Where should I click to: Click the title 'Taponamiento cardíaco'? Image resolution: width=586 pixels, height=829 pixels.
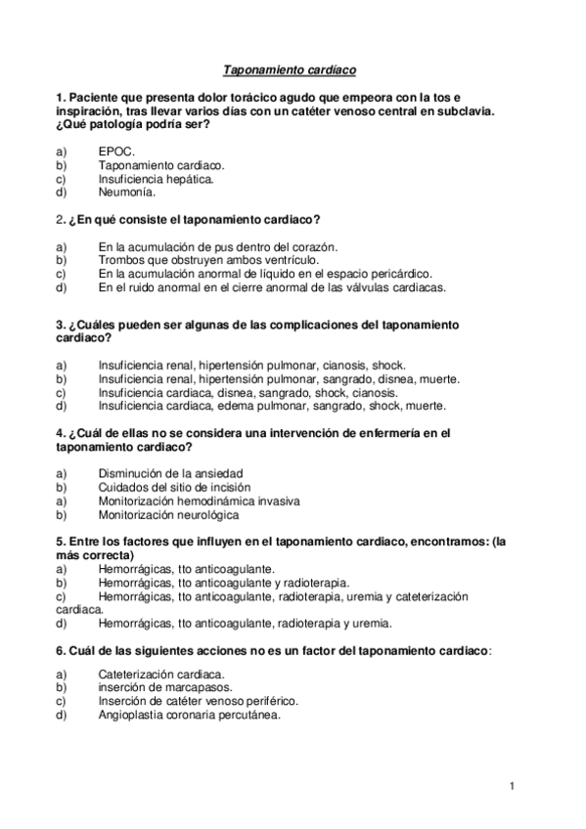(291, 70)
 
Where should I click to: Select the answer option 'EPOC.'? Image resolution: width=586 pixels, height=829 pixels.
(116, 153)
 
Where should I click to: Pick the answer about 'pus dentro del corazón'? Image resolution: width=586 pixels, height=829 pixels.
(217, 248)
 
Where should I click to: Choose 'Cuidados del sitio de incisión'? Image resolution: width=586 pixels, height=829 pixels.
(174, 487)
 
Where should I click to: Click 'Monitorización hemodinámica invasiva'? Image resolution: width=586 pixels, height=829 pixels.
(200, 501)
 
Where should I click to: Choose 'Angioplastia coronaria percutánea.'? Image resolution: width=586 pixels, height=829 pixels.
(190, 715)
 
